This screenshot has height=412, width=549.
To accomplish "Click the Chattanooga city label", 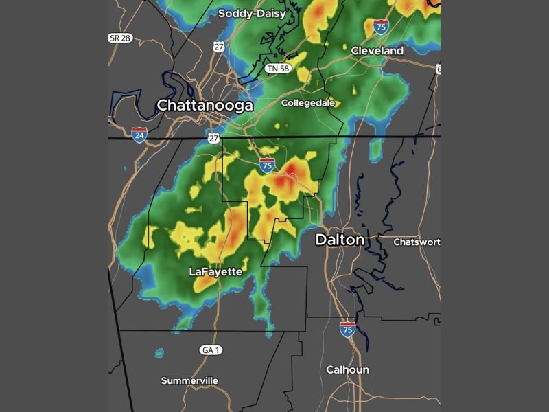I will coord(205,106).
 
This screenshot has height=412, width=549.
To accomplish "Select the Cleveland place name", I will coord(377,51).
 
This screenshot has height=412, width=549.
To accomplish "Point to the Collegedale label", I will coord(308,103).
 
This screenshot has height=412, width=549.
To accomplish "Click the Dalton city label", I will coord(339,240).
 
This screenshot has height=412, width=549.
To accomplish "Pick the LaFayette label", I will coord(215,272).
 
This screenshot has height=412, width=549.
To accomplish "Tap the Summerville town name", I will coord(189,380).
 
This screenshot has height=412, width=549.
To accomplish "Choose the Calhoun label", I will coord(347,369).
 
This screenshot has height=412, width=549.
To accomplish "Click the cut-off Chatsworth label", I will coord(417,242).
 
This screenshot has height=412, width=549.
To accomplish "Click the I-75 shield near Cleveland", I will coord(381,27).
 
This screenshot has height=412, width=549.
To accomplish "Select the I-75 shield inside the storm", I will coord(267,165).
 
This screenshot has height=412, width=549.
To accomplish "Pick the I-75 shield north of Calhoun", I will coord(347,329).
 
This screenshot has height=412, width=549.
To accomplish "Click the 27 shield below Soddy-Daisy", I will coord(218,47).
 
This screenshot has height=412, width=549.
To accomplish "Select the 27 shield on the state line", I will coord(213,139).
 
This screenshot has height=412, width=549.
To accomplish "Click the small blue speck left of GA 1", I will coord(159,354).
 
